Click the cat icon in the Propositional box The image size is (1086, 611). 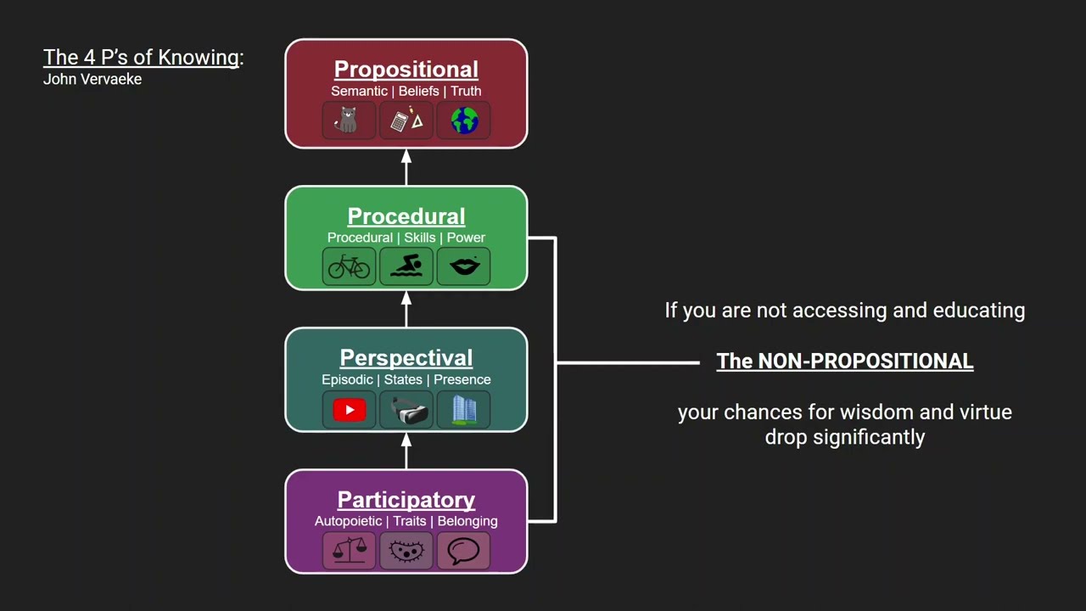click(x=349, y=121)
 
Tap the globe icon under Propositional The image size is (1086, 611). click(x=464, y=121)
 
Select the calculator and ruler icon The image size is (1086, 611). click(x=406, y=121)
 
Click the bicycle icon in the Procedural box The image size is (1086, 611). click(x=349, y=267)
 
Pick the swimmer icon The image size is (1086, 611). click(x=406, y=267)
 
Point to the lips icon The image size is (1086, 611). click(x=464, y=267)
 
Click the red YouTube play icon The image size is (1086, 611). click(x=349, y=411)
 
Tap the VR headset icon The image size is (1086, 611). click(x=406, y=411)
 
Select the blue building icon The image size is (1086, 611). click(x=464, y=411)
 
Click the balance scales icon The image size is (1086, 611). click(x=349, y=552)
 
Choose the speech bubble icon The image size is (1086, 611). click(x=464, y=552)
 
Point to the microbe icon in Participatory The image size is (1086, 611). click(x=406, y=552)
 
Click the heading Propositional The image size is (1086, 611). click(x=406, y=70)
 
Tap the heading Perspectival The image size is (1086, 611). click(x=406, y=358)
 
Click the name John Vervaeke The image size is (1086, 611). click(x=92, y=79)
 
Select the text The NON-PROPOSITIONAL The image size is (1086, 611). click(x=844, y=362)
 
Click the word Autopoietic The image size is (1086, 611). click(x=348, y=521)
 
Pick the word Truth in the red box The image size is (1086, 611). click(x=466, y=91)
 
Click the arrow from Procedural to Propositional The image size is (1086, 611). click(x=406, y=167)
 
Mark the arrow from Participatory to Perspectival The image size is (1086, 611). click(x=406, y=451)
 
